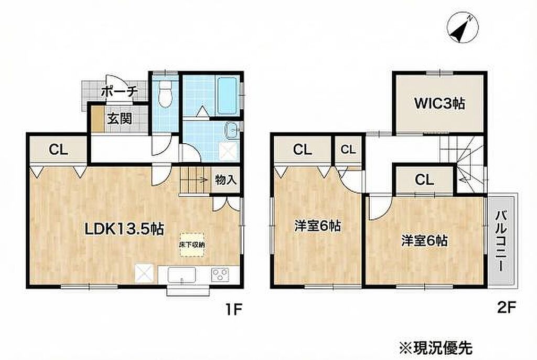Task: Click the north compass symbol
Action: (x=463, y=28)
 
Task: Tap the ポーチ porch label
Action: (x=120, y=91)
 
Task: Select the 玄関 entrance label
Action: (x=120, y=119)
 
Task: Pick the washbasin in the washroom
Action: (x=232, y=130)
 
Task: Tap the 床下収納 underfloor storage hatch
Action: (x=192, y=245)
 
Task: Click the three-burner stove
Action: (x=220, y=275)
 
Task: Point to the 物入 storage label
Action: (x=225, y=179)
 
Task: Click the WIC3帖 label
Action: (x=439, y=103)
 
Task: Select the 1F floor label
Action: (x=233, y=310)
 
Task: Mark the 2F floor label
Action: (x=506, y=308)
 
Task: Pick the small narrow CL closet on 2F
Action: (x=348, y=150)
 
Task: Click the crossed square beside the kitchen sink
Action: (x=144, y=274)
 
